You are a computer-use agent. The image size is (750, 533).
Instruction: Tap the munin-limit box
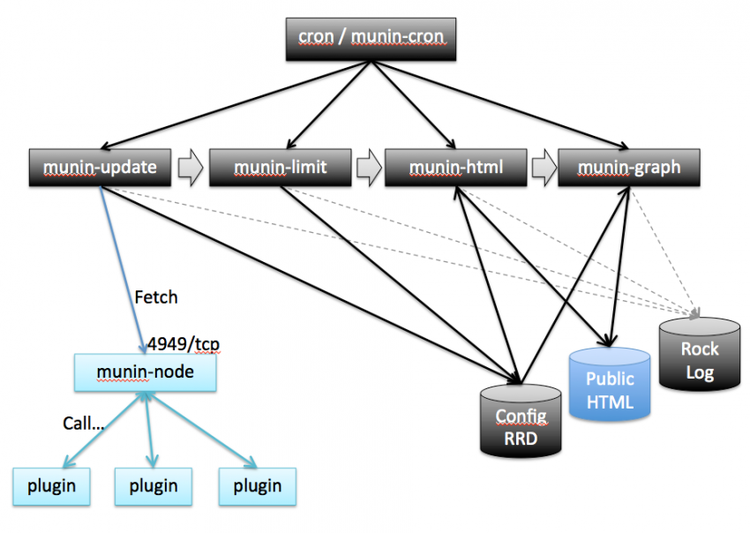(x=280, y=167)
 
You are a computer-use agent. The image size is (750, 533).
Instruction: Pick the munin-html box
(x=455, y=167)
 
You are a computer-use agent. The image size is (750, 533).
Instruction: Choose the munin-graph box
(x=629, y=167)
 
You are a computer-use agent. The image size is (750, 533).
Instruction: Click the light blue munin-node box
(x=146, y=372)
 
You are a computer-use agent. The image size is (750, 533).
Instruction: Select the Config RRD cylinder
(x=520, y=420)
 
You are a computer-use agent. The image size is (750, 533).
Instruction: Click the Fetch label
(x=155, y=297)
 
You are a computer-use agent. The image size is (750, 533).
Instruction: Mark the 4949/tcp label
(x=184, y=342)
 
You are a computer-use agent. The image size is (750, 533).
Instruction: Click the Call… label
(x=83, y=423)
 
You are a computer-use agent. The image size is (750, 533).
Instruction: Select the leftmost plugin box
(x=50, y=485)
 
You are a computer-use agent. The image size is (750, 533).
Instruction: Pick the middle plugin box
(x=154, y=485)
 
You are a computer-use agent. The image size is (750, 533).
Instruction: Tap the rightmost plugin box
(x=257, y=485)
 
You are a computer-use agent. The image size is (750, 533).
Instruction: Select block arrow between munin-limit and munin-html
(x=368, y=167)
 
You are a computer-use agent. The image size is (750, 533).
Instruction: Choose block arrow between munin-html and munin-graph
(x=543, y=167)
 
